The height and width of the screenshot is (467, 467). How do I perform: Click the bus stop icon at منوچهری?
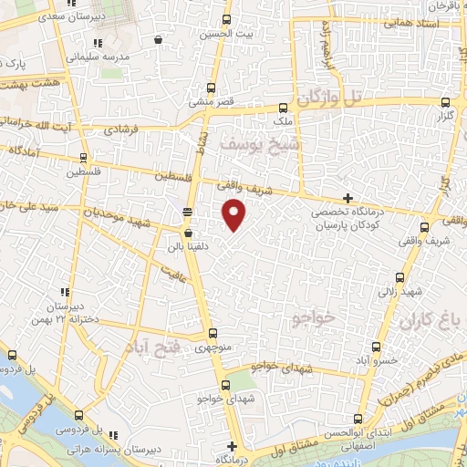pyautogui.click(x=213, y=334)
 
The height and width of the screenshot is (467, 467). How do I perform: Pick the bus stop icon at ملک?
pyautogui.click(x=283, y=108)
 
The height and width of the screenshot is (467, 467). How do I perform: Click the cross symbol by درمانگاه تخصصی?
pyautogui.click(x=347, y=198)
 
